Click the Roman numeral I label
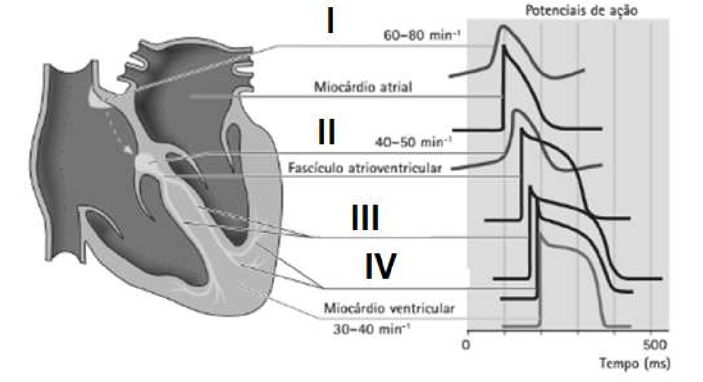(x=330, y=21)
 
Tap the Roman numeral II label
(x=326, y=132)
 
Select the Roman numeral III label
(x=365, y=217)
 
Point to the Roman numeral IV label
(x=380, y=266)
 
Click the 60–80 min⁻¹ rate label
(x=422, y=35)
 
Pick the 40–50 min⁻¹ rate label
(x=413, y=143)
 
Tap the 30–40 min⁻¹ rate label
(x=372, y=330)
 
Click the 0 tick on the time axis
(x=466, y=345)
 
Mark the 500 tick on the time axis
(x=655, y=345)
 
